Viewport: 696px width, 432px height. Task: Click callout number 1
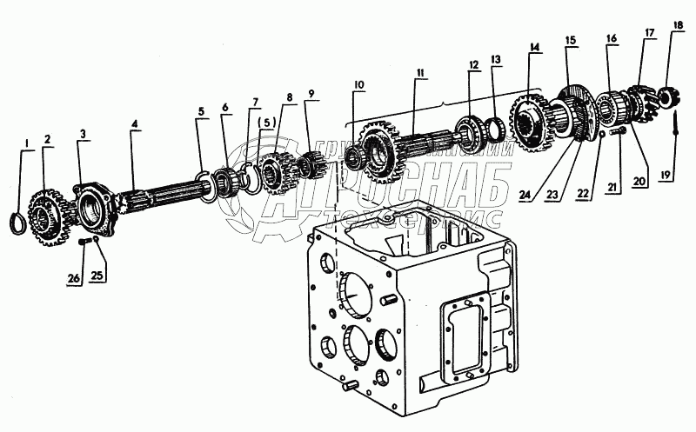26,143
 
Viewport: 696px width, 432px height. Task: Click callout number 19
667,175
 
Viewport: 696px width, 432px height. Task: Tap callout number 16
612,38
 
